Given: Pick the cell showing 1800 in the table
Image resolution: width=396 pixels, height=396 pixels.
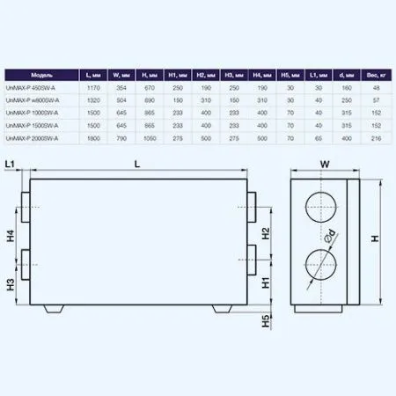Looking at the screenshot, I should pyautogui.click(x=94, y=139).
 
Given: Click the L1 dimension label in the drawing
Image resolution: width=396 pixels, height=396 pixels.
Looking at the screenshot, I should pyautogui.click(x=11, y=165).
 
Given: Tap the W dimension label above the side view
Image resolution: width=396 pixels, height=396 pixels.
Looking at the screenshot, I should pyautogui.click(x=323, y=164).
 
